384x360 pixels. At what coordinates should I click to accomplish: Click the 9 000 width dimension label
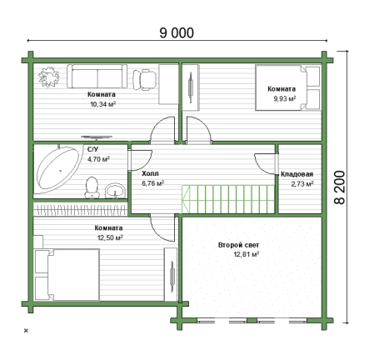[177, 32]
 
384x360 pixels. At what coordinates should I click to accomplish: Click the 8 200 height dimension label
[340, 187]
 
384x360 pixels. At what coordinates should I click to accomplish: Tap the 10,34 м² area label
[102, 104]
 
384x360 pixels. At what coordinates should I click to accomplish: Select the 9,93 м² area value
[285, 98]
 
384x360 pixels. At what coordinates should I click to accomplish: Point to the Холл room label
[150, 173]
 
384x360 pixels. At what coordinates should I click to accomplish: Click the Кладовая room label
[297, 174]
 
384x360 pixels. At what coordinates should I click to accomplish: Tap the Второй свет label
[238, 245]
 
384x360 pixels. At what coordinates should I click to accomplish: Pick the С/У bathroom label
[92, 149]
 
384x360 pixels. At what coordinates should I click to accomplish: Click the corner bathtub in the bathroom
[60, 169]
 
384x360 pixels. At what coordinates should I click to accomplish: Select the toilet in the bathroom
[92, 187]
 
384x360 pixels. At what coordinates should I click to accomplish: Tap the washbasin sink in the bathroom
[115, 191]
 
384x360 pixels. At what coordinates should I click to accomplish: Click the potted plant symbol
[49, 77]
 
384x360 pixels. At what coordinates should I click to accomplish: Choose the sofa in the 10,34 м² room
[97, 77]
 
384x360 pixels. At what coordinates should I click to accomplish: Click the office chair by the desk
[144, 80]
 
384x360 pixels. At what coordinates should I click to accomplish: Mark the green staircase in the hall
[228, 199]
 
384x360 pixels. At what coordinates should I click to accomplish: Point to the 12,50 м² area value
[110, 237]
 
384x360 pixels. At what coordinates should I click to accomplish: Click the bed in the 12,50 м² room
[67, 274]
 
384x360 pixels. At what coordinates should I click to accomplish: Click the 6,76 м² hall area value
[152, 183]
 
